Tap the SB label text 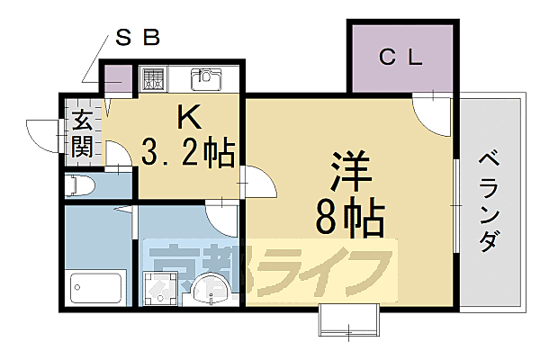click(x=139, y=39)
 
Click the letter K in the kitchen click(x=190, y=116)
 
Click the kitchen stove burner click(x=152, y=78)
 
